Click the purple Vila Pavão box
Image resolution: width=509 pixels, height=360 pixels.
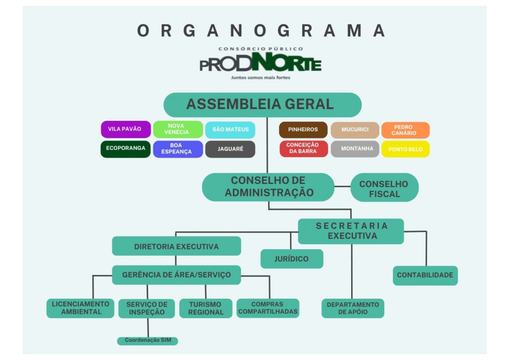pyautogui.click(x=126, y=129)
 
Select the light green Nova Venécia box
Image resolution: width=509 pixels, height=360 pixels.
pyautogui.click(x=178, y=129)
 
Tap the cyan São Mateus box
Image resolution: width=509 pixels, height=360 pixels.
pyautogui.click(x=230, y=130)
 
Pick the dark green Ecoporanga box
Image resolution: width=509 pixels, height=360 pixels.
pyautogui.click(x=125, y=149)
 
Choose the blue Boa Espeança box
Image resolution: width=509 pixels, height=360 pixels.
pyautogui.click(x=178, y=149)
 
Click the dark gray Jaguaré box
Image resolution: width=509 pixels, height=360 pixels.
pyautogui.click(x=230, y=149)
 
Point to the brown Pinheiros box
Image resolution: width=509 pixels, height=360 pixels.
pyautogui.click(x=303, y=130)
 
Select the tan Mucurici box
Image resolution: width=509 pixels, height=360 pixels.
pyautogui.click(x=355, y=130)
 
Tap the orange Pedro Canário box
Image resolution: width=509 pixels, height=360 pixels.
pyautogui.click(x=405, y=130)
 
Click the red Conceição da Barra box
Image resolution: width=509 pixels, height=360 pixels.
pyautogui.click(x=303, y=149)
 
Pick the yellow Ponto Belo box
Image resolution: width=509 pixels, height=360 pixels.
pyautogui.click(x=405, y=149)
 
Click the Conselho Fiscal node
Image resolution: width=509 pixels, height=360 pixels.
pyautogui.click(x=384, y=187)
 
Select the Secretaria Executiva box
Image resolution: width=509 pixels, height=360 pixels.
pyautogui.click(x=351, y=231)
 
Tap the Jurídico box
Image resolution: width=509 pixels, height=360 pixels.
pyautogui.click(x=292, y=258)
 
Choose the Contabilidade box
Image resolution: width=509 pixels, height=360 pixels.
pyautogui.click(x=425, y=275)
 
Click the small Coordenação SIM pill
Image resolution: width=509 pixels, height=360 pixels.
pyautogui.click(x=147, y=341)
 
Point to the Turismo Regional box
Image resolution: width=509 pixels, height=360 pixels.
pyautogui.click(x=205, y=308)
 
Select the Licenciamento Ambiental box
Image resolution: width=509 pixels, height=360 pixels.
pyautogui.click(x=80, y=308)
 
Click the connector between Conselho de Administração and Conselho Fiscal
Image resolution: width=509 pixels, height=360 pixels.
pyautogui.click(x=342, y=186)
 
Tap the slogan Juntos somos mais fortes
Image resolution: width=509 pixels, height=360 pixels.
pyautogui.click(x=260, y=78)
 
